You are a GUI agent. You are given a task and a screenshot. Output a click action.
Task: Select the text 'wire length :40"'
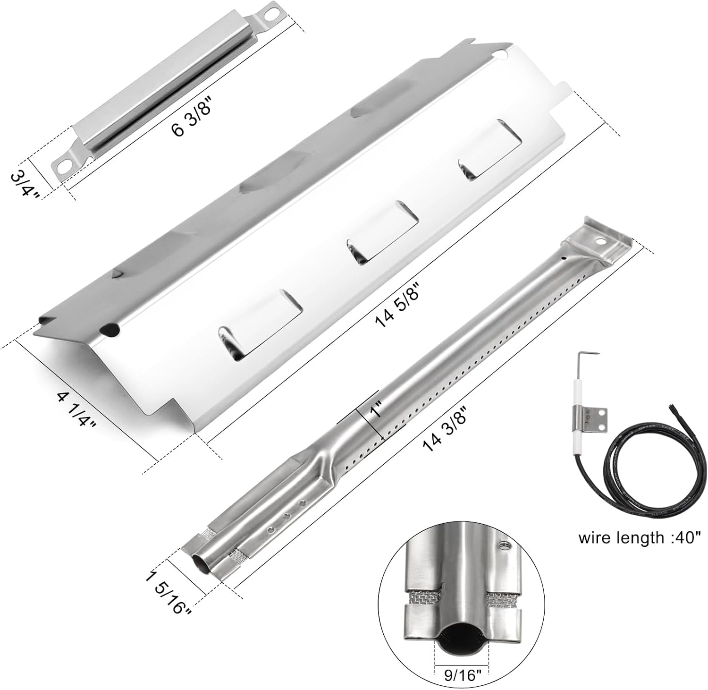[x=640, y=537]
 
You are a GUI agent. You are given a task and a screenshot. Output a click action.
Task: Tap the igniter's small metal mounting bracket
[x=596, y=418]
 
